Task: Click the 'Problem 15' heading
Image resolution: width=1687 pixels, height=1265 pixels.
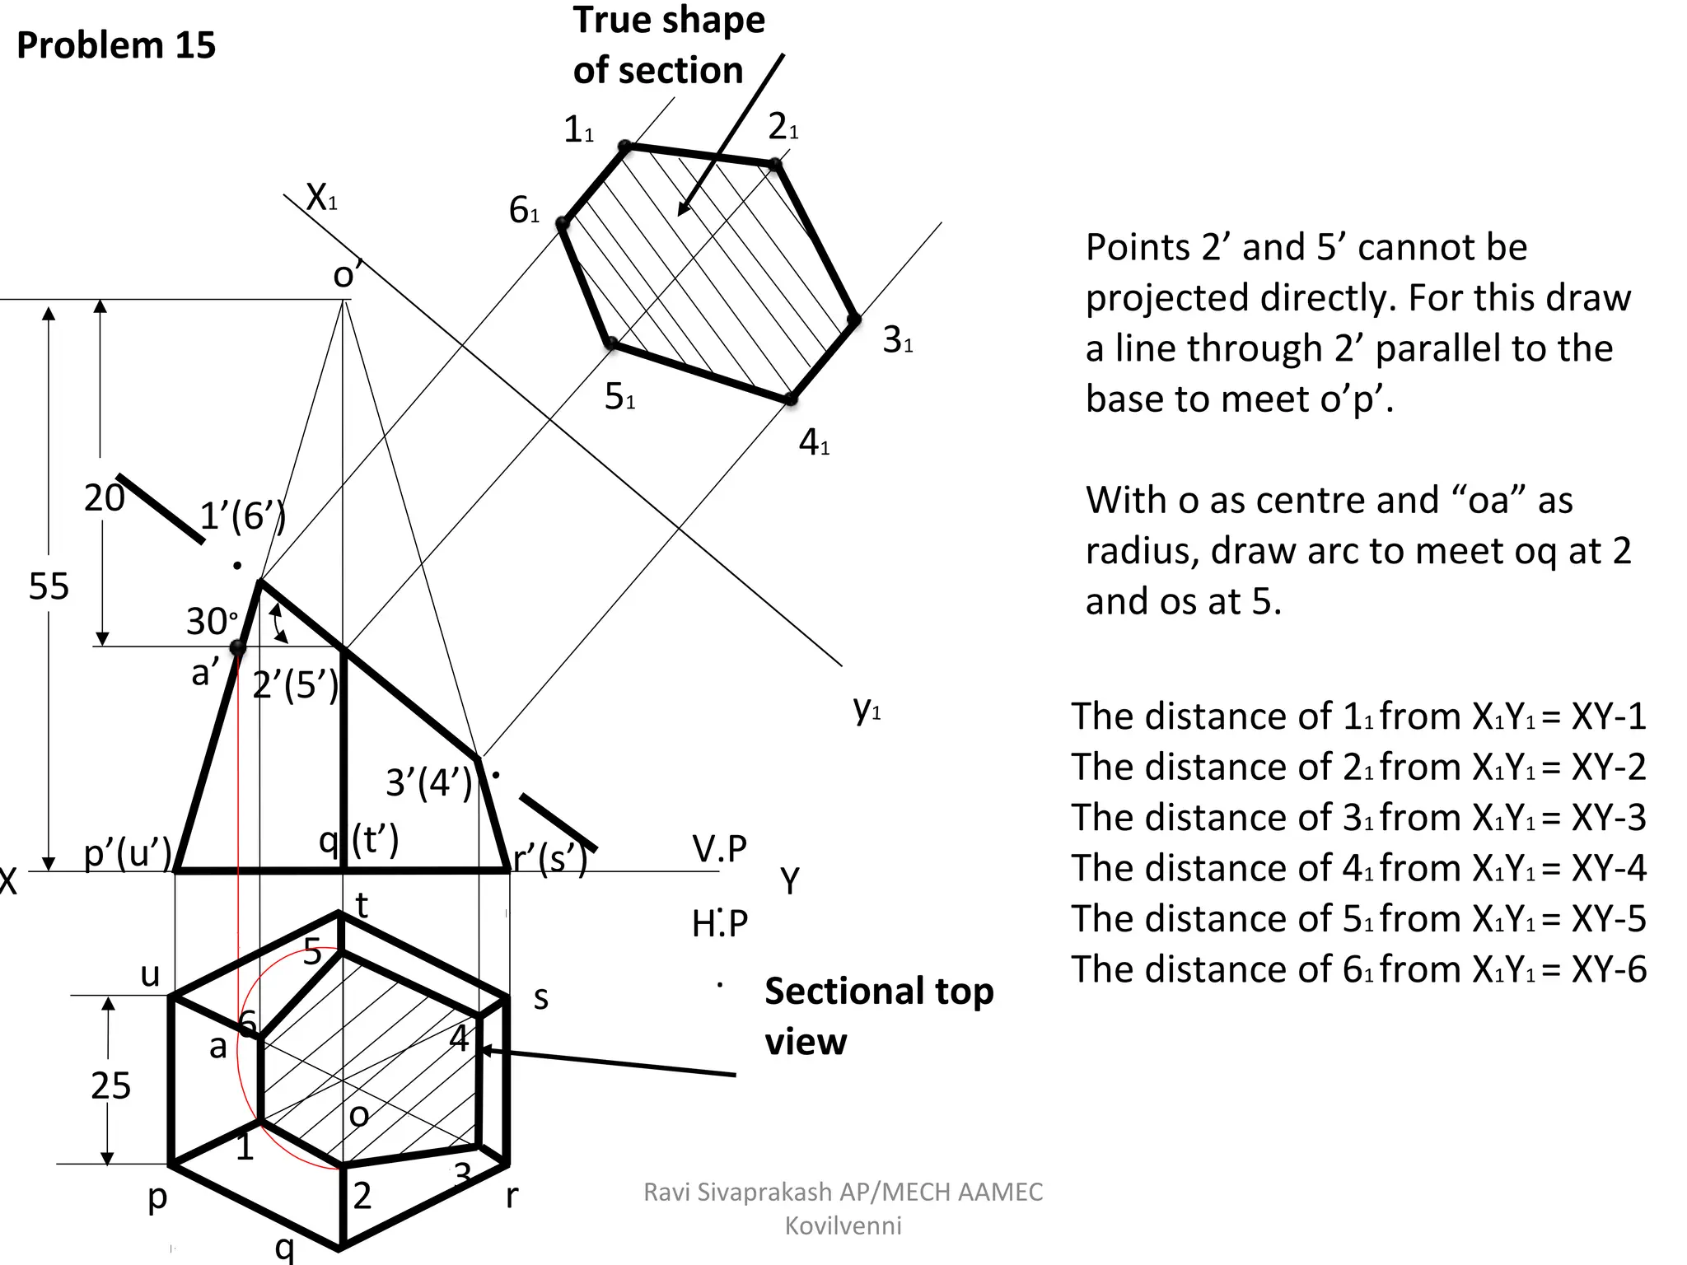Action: click(115, 45)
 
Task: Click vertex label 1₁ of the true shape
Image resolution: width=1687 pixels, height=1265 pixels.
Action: click(578, 129)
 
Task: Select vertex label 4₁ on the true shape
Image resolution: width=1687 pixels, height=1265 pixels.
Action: click(814, 443)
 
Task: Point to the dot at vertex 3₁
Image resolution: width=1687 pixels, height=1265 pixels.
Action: click(854, 320)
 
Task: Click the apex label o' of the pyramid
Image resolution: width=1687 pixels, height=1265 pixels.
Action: click(347, 274)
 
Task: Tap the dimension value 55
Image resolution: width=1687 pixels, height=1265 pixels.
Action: click(49, 586)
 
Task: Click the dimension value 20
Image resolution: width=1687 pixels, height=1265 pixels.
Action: click(104, 498)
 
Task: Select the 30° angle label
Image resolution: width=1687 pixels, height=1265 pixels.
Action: click(212, 621)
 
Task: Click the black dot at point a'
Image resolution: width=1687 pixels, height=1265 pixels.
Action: click(237, 648)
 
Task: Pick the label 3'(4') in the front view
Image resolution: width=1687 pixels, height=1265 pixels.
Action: click(429, 782)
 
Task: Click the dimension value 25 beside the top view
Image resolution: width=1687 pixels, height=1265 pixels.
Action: click(110, 1085)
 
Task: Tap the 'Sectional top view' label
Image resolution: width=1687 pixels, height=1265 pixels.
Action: click(878, 1015)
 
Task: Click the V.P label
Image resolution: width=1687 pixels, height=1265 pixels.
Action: click(719, 849)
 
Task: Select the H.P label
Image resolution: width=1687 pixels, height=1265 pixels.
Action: click(719, 924)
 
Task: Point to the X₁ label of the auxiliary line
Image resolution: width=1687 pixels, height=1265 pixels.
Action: click(321, 198)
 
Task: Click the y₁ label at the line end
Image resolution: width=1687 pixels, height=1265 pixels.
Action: click(867, 707)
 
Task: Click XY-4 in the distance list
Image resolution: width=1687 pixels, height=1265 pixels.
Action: click(1608, 868)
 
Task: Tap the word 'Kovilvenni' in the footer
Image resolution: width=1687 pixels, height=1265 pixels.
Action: click(843, 1225)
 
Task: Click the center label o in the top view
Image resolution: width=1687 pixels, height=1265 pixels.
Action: click(358, 1115)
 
